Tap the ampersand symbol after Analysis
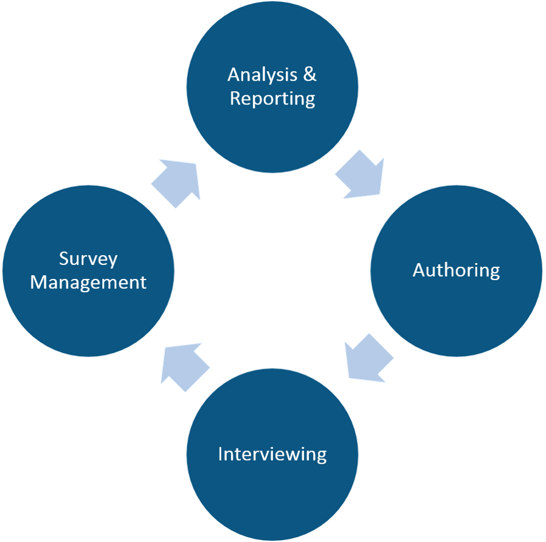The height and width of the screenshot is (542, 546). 309,75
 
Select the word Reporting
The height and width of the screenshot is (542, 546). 272,98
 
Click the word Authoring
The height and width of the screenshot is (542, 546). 456,270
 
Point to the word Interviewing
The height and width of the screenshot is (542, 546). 272,454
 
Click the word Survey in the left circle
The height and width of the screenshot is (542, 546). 88,259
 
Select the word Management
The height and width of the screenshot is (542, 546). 88,283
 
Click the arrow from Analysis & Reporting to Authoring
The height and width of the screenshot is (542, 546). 361,177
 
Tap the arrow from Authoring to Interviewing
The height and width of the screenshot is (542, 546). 367,358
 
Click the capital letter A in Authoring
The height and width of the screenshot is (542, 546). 419,269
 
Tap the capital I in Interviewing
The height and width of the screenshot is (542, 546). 220,453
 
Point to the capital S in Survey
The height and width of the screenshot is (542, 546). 64,258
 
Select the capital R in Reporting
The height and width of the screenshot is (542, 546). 235,98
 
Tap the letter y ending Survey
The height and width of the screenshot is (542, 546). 112,261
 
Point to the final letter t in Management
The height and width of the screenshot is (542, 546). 143,283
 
